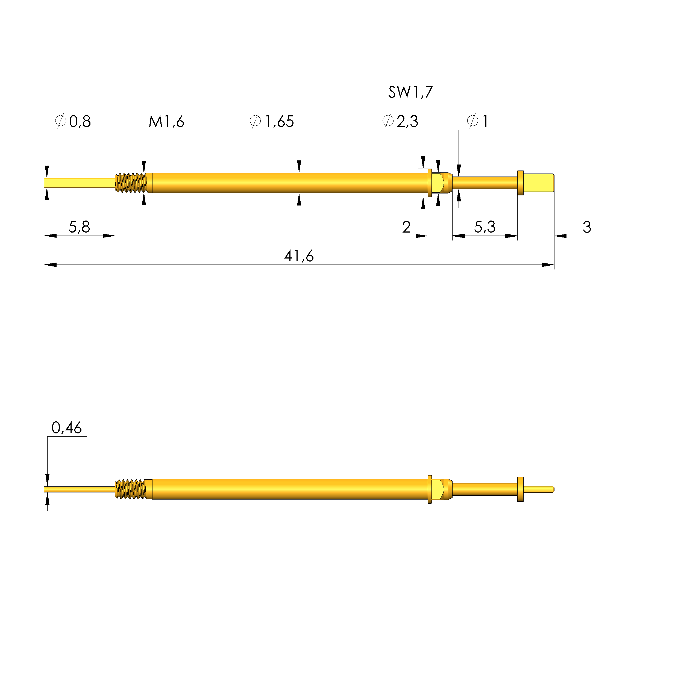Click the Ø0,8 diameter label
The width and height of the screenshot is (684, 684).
pos(73,121)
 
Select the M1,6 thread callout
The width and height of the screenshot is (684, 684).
pos(166,121)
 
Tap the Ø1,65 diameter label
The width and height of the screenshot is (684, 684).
pos(272,121)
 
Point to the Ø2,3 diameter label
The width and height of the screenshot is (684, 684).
pos(400,121)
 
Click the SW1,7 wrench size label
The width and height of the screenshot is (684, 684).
pos(410,92)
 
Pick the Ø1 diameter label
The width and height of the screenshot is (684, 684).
pos(478,121)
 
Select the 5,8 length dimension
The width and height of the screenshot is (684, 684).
pos(79,227)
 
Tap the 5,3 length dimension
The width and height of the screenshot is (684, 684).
pos(485,227)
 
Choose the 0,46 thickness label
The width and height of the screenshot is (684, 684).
pos(67,428)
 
